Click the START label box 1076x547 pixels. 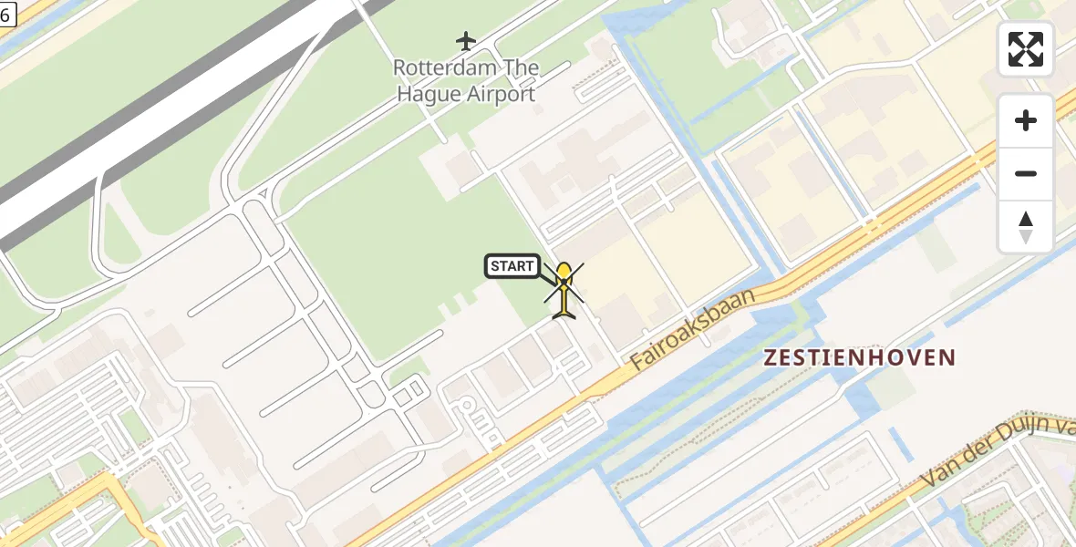(x=512, y=266)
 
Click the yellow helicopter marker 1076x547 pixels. (x=564, y=290)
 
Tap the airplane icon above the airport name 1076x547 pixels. (x=466, y=41)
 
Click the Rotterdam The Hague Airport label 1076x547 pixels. (x=466, y=80)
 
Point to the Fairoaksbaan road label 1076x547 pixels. (x=692, y=330)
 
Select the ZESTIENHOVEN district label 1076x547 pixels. (x=860, y=357)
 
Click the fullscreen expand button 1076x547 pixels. (x=1026, y=49)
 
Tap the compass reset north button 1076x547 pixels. (x=1026, y=227)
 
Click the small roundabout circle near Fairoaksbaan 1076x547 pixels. (x=467, y=404)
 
